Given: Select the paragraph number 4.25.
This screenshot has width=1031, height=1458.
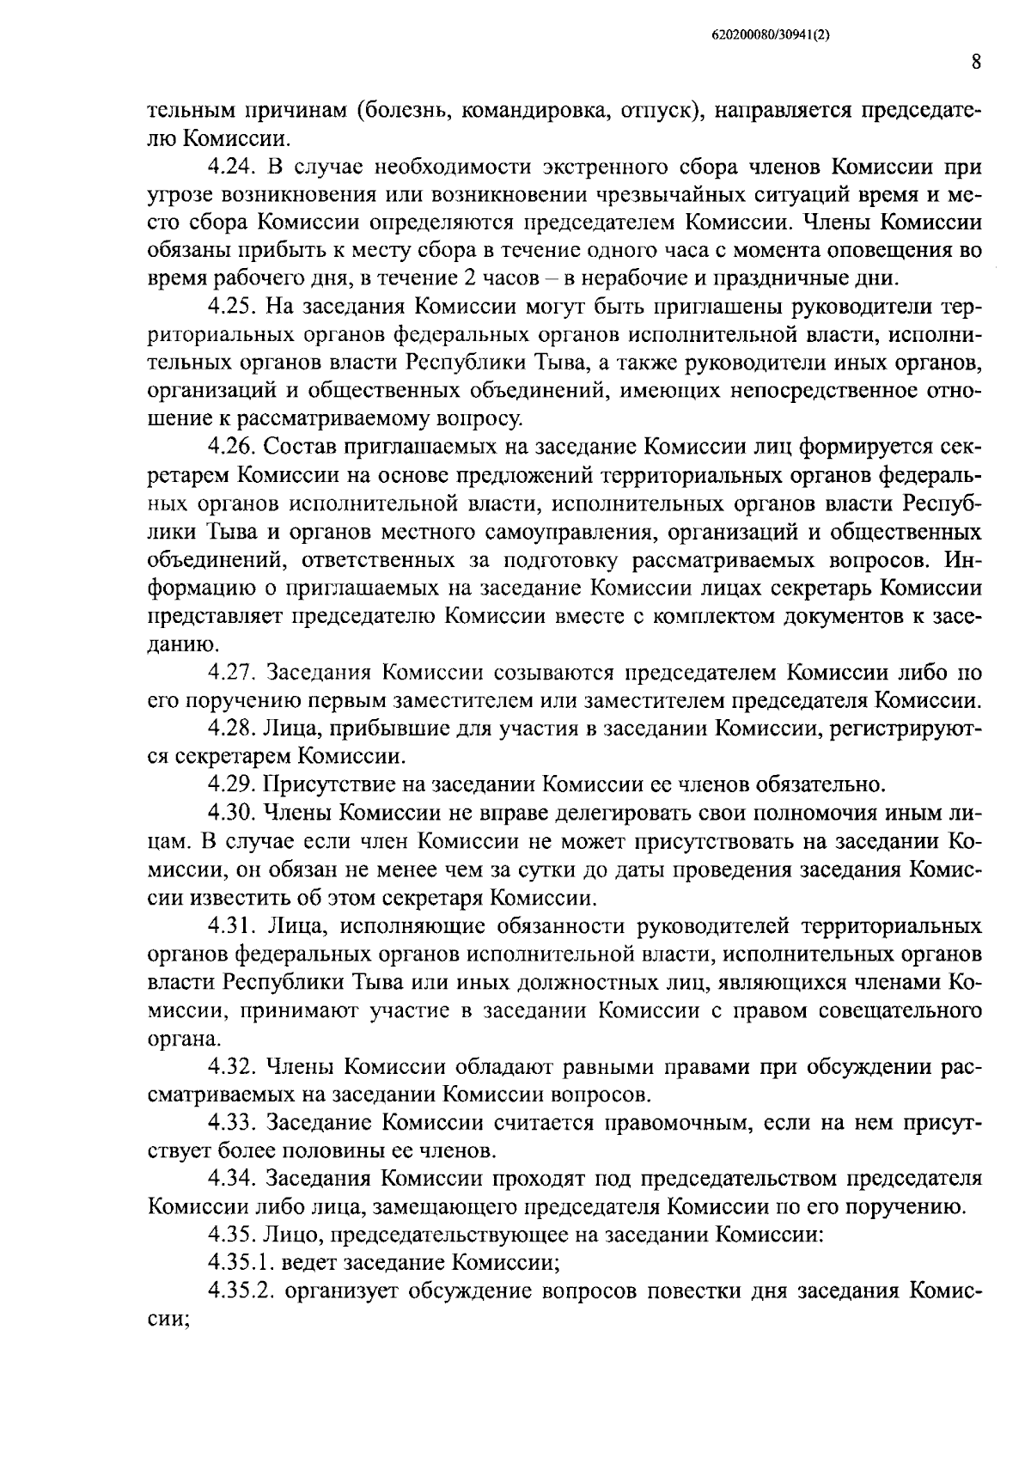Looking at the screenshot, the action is coord(233,307).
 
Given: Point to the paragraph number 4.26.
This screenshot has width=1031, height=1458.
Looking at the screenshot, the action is coord(233,447).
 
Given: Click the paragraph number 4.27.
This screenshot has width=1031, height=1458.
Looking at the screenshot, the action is coord(233,673).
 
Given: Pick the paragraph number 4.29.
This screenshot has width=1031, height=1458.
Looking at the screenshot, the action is coord(233,784).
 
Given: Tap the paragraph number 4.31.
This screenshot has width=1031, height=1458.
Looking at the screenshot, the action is coord(233,926).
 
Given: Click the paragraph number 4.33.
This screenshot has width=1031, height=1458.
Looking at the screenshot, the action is coord(233,1123).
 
